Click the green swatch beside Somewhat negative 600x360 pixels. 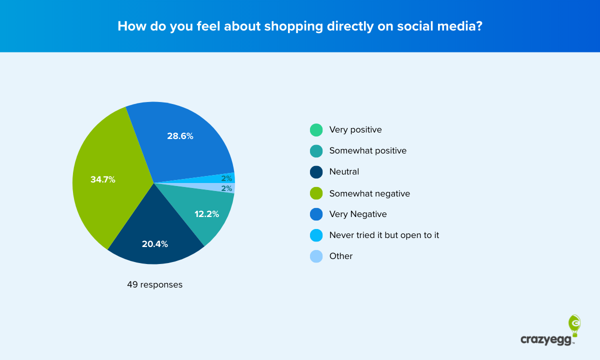coord(316,193)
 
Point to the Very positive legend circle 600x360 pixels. coord(316,130)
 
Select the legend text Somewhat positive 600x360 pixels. coord(367,150)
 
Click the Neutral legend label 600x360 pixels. coord(344,172)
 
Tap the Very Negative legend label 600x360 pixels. coord(358,214)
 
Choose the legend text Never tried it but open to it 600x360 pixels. coord(384,235)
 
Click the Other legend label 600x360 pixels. coord(341,256)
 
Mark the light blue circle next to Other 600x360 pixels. coord(316,256)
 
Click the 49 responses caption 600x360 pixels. coord(154,285)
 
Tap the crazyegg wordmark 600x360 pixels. coord(547,340)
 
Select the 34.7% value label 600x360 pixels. coord(103,179)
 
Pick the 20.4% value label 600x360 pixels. coord(155,244)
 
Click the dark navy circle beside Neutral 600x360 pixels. coord(316,172)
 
